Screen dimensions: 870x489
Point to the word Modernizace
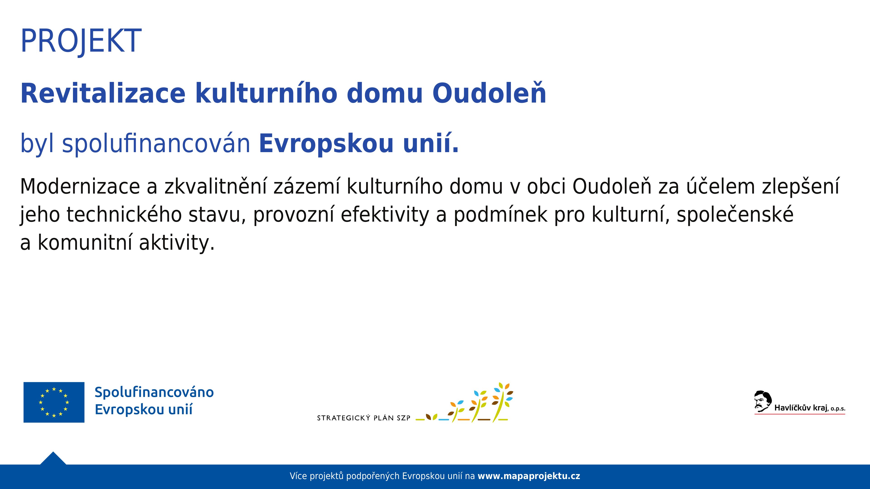pos(80,186)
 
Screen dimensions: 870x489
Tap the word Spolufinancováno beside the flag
pos(154,392)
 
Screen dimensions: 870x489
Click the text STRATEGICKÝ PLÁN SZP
pos(364,418)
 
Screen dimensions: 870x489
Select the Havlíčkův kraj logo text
pos(810,408)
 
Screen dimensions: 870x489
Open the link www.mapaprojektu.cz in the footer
pos(529,476)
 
